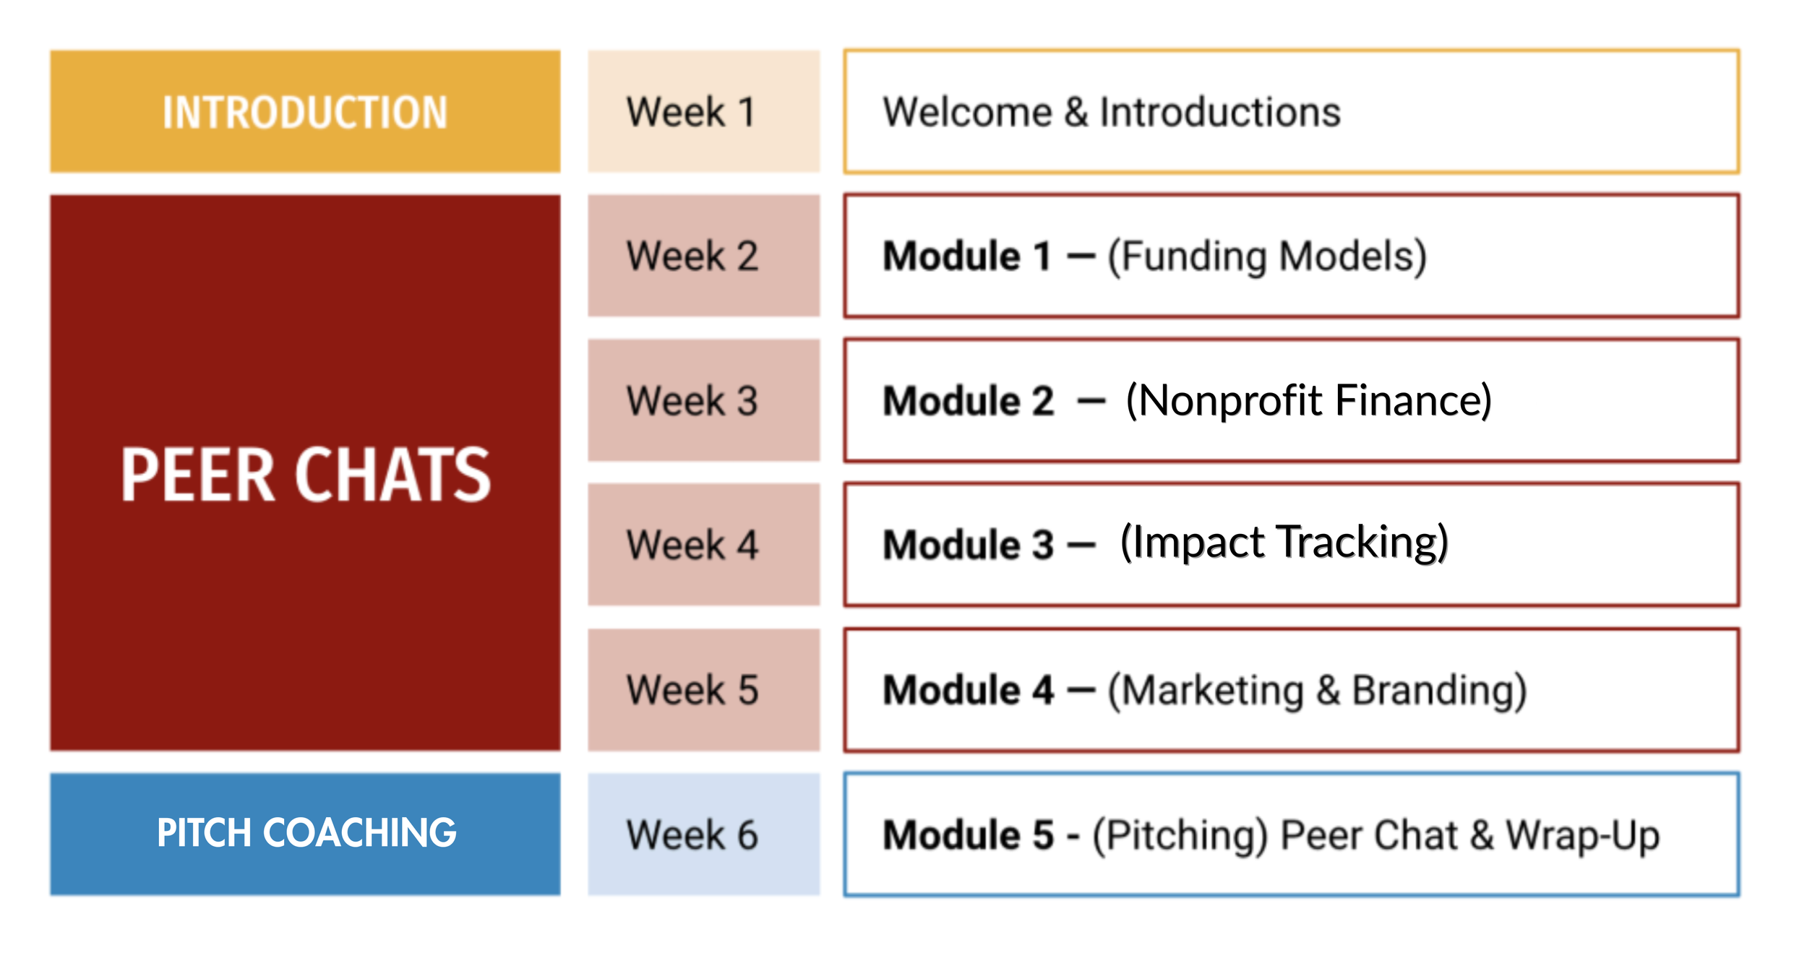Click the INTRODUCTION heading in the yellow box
305,113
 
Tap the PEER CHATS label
306,474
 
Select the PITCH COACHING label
306,833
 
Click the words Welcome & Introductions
1112,113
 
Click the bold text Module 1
967,256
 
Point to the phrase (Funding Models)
1267,257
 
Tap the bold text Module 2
969,401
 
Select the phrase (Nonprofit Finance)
1308,401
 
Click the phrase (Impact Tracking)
1284,543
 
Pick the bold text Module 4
969,690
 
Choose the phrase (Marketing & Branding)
1317,691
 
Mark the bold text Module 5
969,835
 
